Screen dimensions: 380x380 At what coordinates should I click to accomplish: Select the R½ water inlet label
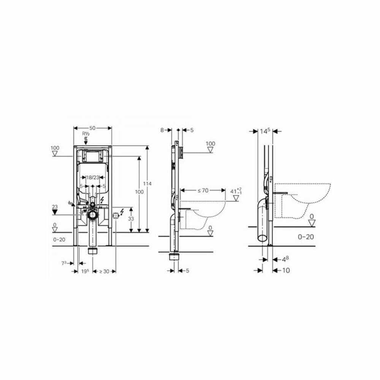coord(86,134)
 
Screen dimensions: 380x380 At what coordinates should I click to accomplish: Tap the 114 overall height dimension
coord(148,184)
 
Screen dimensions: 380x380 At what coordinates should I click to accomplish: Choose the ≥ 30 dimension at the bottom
coord(104,271)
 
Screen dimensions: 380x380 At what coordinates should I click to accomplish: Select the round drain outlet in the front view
coord(92,215)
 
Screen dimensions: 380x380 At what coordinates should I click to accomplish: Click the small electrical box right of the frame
coord(116,215)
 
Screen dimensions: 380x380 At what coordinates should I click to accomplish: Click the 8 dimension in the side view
coord(162,130)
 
